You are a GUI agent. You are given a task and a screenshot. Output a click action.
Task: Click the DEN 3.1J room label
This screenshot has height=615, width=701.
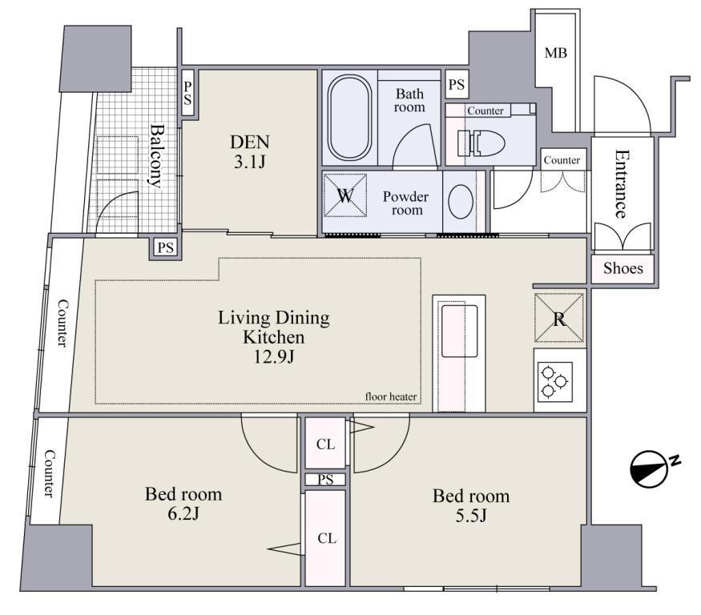tap(250, 151)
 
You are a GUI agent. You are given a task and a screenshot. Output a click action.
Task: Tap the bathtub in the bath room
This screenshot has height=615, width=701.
tap(349, 117)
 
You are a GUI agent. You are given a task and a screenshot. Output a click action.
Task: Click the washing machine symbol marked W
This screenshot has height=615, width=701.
tap(345, 195)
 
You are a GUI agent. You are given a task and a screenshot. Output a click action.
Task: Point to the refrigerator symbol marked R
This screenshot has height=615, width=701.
tap(559, 318)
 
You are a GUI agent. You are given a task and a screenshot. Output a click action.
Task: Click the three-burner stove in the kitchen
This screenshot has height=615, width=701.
tap(554, 380)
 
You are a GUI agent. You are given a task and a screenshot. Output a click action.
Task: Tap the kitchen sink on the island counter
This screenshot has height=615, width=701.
tap(459, 331)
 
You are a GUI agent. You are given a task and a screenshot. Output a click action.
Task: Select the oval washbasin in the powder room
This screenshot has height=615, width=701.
tap(461, 202)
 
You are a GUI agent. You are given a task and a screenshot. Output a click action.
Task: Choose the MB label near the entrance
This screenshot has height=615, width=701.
tap(556, 53)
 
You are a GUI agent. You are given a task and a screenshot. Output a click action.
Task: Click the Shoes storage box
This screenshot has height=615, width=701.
tap(622, 268)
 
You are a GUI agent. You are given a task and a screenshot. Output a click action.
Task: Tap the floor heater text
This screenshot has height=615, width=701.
tap(391, 396)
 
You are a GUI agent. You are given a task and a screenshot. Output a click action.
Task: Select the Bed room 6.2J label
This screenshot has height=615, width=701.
tap(183, 504)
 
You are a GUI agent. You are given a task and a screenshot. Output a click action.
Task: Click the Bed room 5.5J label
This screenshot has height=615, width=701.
tap(471, 505)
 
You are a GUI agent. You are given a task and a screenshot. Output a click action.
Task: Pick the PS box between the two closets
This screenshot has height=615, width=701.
tap(325, 480)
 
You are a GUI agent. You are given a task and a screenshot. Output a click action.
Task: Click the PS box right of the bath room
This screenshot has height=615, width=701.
tap(457, 84)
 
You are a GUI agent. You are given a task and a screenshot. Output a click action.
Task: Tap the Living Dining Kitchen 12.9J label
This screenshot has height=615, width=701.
tap(274, 337)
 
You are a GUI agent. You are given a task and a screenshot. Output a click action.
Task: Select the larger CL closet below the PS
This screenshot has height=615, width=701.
tap(326, 538)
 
